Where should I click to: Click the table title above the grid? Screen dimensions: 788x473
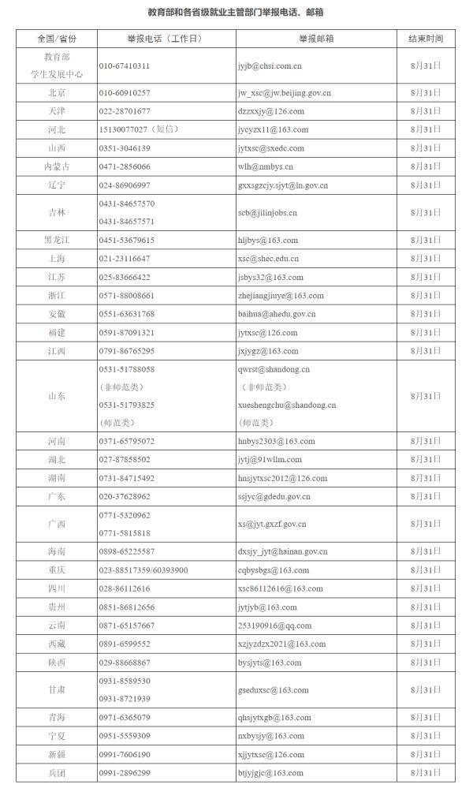pyautogui.click(x=236, y=13)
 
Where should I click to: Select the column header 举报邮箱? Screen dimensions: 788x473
pyautogui.click(x=315, y=39)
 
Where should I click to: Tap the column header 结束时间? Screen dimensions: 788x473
pyautogui.click(x=425, y=39)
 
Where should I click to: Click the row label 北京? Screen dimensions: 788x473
pyautogui.click(x=56, y=93)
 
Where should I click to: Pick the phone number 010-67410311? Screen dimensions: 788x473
pyautogui.click(x=125, y=66)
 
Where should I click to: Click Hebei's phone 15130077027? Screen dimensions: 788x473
pyautogui.click(x=124, y=129)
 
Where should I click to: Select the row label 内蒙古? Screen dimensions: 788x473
pyautogui.click(x=56, y=166)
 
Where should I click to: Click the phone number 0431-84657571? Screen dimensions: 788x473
pyautogui.click(x=127, y=222)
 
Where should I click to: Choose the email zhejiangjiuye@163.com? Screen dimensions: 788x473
pyautogui.click(x=281, y=296)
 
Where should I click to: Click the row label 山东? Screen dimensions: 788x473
pyautogui.click(x=56, y=396)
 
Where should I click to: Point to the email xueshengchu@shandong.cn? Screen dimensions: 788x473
pyautogui.click(x=287, y=405)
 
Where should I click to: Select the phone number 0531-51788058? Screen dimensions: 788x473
pyautogui.click(x=127, y=369)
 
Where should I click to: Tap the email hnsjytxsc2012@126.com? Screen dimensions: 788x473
pyautogui.click(x=282, y=478)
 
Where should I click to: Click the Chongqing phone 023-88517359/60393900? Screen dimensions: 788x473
pyautogui.click(x=143, y=570)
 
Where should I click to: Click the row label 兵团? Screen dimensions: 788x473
pyautogui.click(x=56, y=773)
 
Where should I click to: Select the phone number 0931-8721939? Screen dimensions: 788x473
pyautogui.click(x=125, y=699)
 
